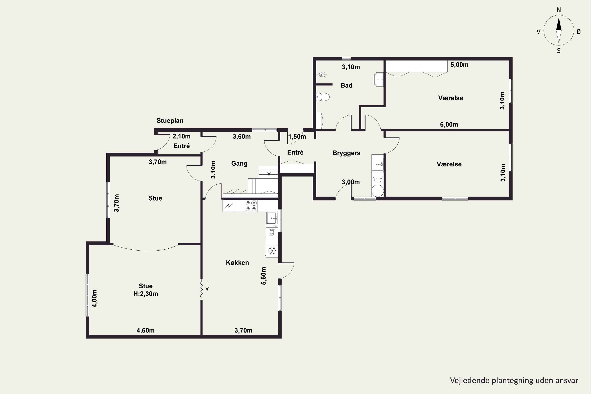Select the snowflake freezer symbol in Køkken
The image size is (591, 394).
coord(272,251)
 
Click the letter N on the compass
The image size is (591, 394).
coord(558,10)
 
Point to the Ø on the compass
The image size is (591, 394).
coord(578,31)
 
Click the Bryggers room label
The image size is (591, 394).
coord(346,153)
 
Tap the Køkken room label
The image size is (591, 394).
coord(237,263)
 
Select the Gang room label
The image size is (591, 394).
coord(239,164)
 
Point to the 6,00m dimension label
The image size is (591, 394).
coord(449,124)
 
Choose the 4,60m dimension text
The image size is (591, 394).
coord(146,330)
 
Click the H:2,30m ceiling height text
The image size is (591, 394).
coord(146,294)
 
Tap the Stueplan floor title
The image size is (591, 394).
coord(170,121)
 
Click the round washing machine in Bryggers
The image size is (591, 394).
coord(378,191)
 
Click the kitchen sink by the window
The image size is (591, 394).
coord(272,218)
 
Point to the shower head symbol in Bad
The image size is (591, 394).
coord(322,74)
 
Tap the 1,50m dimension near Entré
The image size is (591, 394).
coord(297,137)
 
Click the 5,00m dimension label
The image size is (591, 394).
coord(459,65)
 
